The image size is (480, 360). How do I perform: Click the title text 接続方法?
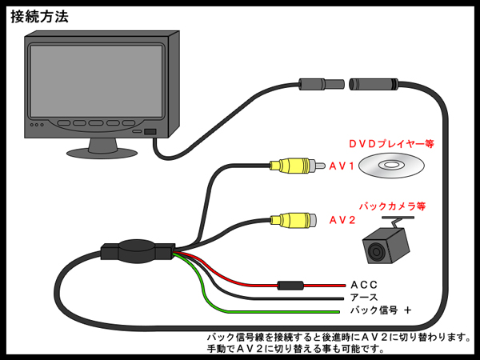(39, 16)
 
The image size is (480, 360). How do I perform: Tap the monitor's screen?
(97, 80)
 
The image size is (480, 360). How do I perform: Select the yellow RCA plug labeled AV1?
(293, 166)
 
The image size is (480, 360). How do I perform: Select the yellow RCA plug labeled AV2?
(293, 219)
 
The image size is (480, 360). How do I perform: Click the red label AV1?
(342, 166)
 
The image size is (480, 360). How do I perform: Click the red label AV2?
(342, 220)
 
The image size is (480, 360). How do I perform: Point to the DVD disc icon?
(388, 166)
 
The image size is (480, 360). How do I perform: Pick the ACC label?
(363, 285)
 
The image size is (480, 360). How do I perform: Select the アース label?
(364, 297)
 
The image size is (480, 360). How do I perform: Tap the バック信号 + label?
(380, 310)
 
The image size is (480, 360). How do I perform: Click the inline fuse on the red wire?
(289, 285)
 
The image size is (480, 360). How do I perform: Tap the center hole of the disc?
(388, 166)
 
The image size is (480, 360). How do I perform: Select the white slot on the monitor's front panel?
(150, 130)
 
